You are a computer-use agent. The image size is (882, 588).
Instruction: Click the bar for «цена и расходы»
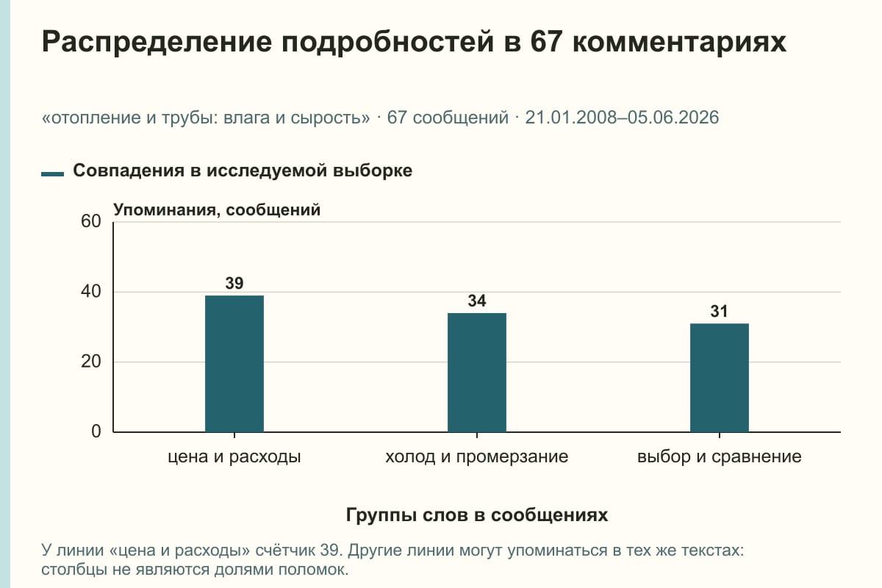[x=234, y=364]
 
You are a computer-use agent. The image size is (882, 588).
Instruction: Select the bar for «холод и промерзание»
[x=477, y=373]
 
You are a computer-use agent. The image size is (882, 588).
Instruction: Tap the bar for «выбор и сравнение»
[x=720, y=378]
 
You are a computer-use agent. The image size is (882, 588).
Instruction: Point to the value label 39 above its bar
[x=234, y=283]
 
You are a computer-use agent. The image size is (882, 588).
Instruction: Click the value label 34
[x=477, y=301]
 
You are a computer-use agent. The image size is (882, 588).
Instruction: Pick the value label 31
[x=719, y=312]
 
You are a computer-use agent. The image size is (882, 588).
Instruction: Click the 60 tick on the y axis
[x=91, y=221]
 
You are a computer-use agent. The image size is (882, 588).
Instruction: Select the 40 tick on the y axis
[x=91, y=292]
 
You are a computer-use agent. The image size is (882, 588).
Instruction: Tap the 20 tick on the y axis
[x=91, y=362]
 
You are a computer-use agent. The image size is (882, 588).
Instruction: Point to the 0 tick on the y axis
[x=96, y=432]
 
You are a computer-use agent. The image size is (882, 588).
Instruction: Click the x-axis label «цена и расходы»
[x=234, y=457]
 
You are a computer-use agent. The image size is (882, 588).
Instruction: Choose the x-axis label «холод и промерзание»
[x=477, y=457]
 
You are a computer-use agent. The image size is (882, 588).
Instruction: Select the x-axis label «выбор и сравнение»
[x=720, y=457]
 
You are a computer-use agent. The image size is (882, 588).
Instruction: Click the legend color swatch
[x=52, y=173]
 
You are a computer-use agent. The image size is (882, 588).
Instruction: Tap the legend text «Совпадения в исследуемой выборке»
[x=243, y=171]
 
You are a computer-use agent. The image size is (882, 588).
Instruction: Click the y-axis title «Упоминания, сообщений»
[x=217, y=210]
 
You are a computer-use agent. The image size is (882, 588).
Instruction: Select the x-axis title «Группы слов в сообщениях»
[x=477, y=515]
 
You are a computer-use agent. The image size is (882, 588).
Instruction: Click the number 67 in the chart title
[x=545, y=42]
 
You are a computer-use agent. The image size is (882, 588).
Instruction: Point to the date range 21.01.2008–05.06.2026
[x=622, y=118]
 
